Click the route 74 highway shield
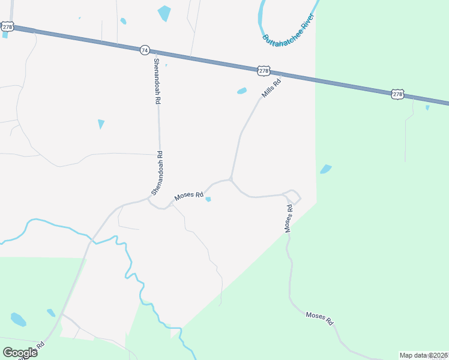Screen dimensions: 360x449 [x=144, y=50]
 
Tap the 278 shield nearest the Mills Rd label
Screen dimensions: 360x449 [x=264, y=71]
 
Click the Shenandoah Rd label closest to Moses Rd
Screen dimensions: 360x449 [x=157, y=173]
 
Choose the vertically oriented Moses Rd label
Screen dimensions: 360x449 [x=289, y=218]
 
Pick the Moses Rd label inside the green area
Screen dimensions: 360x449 [x=319, y=318]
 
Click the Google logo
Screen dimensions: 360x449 [x=20, y=352]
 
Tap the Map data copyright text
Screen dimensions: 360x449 [x=423, y=355]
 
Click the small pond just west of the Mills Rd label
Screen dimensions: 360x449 [x=242, y=91]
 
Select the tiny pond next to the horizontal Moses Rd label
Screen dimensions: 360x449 [x=208, y=199]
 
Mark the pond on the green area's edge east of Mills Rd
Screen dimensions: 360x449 [x=325, y=169]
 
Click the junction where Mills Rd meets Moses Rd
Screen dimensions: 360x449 [x=231, y=179]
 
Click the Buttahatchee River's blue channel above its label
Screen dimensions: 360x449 [x=262, y=18]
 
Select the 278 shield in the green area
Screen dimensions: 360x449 [x=397, y=94]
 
